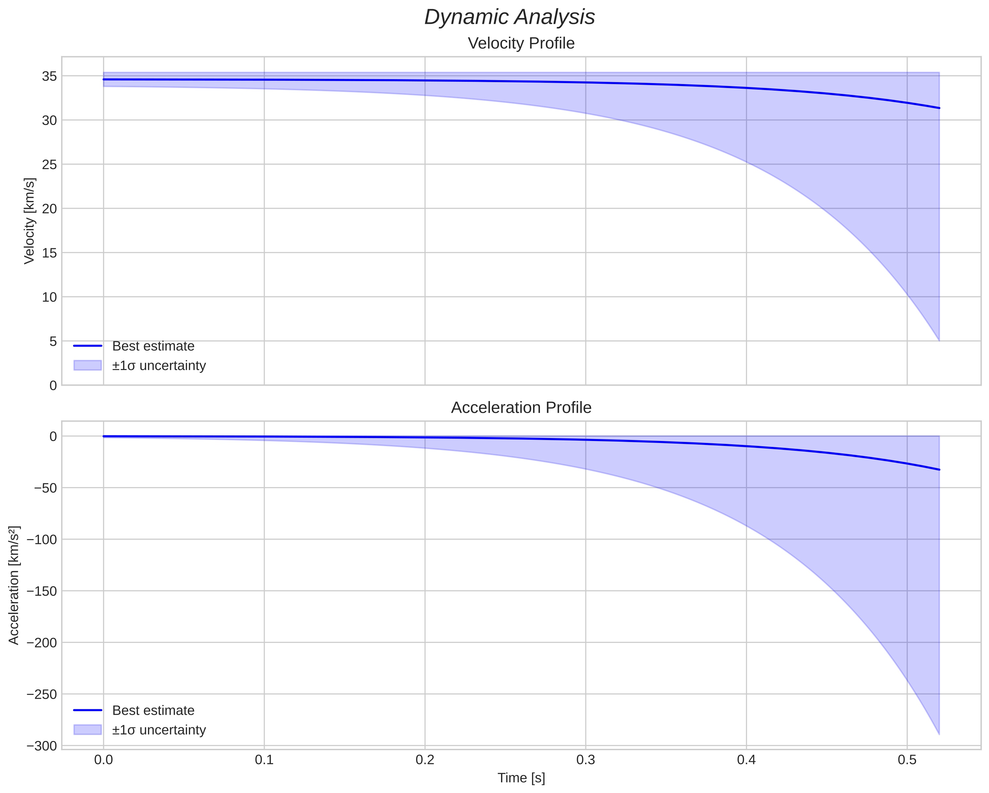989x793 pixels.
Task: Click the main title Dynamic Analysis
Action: [x=509, y=17]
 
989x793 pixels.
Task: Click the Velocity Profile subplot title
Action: [x=521, y=43]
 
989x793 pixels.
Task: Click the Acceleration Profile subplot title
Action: [x=521, y=408]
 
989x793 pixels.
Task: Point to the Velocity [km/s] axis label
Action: [x=29, y=221]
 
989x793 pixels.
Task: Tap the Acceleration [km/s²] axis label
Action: [x=14, y=585]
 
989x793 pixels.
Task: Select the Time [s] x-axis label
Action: [x=521, y=778]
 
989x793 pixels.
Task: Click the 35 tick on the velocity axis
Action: [x=49, y=76]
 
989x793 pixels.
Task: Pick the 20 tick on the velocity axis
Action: [x=49, y=209]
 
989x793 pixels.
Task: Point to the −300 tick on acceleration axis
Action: [x=42, y=746]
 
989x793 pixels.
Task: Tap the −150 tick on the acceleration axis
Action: [x=42, y=591]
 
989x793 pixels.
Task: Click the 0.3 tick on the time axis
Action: [x=585, y=760]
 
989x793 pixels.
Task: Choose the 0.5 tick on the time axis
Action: [x=907, y=760]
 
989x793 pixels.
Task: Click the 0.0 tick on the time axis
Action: [x=103, y=760]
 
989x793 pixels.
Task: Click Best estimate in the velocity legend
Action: [x=153, y=346]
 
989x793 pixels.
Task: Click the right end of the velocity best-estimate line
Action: [x=939, y=108]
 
